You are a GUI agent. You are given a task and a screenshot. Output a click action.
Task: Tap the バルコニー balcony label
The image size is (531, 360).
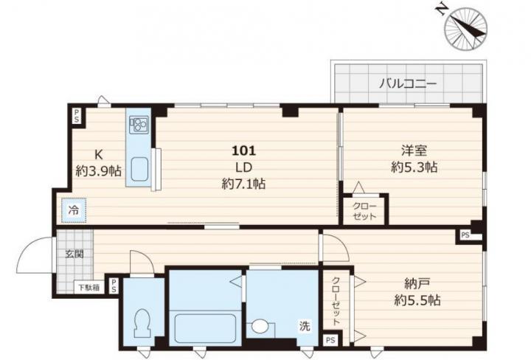tap(408, 83)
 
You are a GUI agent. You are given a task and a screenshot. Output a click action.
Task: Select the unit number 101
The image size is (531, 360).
tap(243, 150)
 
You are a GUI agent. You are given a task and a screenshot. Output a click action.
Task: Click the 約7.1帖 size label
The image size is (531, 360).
tap(243, 184)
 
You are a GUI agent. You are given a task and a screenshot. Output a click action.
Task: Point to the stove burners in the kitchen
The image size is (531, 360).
tap(138, 124)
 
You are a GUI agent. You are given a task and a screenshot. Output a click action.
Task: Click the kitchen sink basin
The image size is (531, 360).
tap(139, 170)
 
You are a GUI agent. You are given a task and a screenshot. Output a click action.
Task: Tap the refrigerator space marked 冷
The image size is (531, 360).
tap(74, 210)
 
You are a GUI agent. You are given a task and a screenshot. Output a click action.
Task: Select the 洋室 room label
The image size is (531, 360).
tap(414, 150)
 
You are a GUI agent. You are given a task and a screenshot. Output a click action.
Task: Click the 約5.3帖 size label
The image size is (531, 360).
tap(414, 167)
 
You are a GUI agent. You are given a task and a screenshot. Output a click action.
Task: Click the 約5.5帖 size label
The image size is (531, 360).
tap(417, 300)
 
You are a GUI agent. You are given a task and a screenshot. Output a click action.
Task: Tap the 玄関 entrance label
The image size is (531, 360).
tap(74, 254)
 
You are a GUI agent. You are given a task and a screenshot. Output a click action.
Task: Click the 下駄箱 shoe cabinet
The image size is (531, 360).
tap(89, 288)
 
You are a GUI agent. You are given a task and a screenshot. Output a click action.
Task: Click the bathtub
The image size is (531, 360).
tap(205, 328)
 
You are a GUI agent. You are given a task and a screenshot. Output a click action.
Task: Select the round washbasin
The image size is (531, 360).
tap(259, 327)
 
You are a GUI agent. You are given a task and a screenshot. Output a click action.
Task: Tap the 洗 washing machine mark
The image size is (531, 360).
tap(304, 326)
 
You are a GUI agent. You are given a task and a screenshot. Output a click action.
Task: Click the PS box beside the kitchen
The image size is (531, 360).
tap(77, 116)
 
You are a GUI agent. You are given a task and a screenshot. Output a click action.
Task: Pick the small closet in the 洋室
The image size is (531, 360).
tap(364, 210)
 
